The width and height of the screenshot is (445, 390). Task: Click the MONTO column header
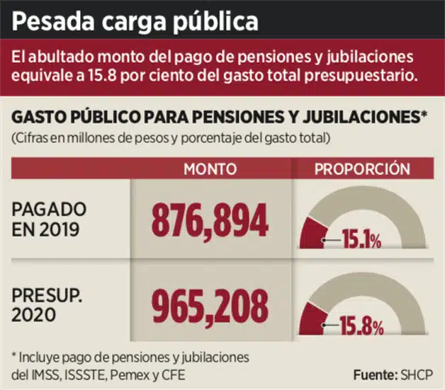[x=209, y=169]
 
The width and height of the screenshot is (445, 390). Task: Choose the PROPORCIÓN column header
[x=362, y=169]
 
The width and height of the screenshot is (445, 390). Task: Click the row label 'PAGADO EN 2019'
[x=50, y=219]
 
